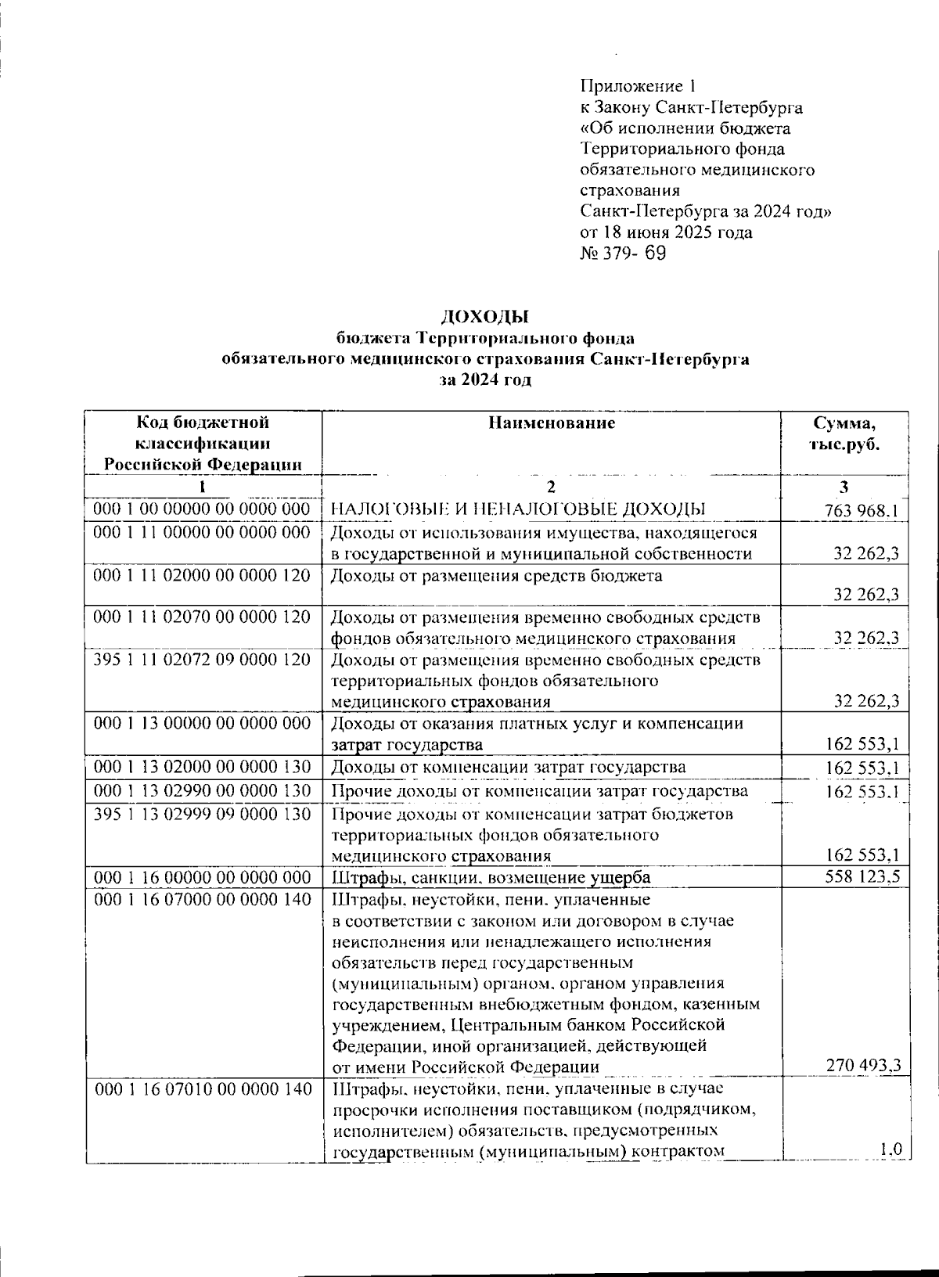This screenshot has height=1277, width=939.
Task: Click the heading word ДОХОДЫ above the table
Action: point(484,317)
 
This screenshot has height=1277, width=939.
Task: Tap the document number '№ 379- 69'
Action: point(623,254)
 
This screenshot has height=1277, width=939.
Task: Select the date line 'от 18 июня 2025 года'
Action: point(666,232)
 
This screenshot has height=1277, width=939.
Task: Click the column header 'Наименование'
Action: point(552,423)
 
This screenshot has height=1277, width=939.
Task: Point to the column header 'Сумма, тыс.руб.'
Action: point(844,433)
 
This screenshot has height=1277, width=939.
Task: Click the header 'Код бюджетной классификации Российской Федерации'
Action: point(203,444)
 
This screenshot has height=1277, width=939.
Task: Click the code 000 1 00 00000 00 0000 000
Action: point(202,509)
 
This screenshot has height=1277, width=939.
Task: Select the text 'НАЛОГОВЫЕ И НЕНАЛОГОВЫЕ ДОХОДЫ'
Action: point(519,509)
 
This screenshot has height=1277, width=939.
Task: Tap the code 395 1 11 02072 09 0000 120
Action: point(202,660)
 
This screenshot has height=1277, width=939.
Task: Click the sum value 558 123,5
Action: point(862,876)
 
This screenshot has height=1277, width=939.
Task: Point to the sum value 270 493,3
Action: point(863,1065)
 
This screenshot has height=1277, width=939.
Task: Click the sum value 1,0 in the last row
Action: point(890,1149)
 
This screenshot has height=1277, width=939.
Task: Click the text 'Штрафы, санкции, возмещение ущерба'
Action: point(491,877)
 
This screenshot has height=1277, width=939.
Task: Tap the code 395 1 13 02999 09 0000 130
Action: point(202,815)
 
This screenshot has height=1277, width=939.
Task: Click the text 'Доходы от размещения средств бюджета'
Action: point(496,576)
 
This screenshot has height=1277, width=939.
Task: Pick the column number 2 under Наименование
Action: point(552,487)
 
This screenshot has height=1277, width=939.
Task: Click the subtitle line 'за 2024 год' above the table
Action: point(484,381)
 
